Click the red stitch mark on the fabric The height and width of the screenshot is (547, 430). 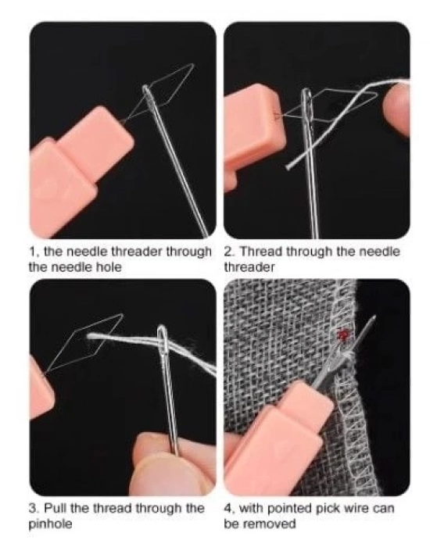343,335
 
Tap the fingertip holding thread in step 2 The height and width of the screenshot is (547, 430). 397,108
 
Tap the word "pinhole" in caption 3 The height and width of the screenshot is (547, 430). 50,524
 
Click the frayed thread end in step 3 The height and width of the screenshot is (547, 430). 90,336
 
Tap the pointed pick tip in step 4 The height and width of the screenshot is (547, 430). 374,316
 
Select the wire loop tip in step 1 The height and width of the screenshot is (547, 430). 192,65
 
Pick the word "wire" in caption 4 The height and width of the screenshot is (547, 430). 357,509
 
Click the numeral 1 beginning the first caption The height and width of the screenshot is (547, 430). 33,252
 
